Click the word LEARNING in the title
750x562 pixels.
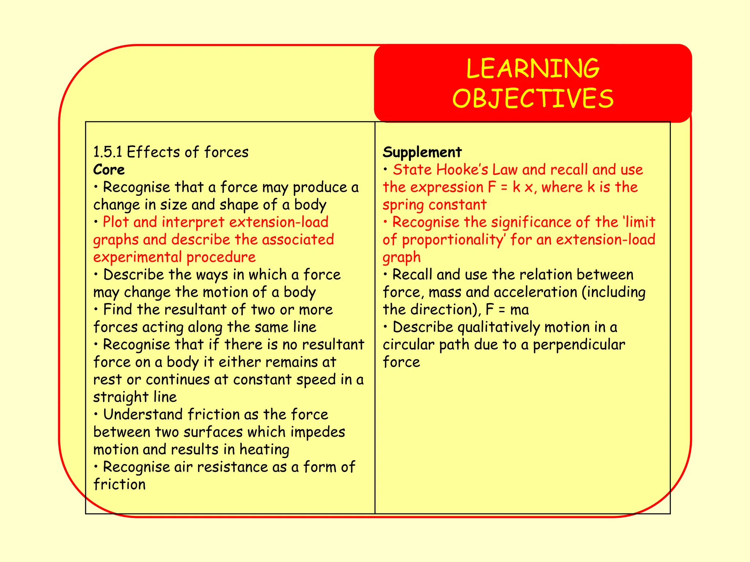[533, 68]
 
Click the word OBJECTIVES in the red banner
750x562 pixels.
[533, 98]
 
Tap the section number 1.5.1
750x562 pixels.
[108, 152]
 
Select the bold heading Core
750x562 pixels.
[109, 170]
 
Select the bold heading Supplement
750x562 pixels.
[422, 152]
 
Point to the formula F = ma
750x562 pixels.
[507, 310]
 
